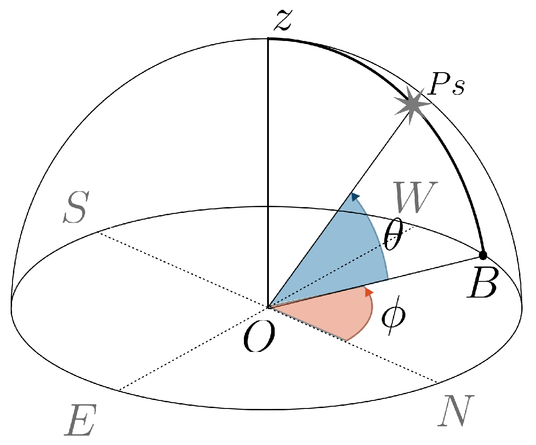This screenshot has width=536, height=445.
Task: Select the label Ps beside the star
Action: [x=446, y=87]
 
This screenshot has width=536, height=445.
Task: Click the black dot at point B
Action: [x=482, y=255]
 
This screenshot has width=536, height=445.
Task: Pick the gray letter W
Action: [x=416, y=197]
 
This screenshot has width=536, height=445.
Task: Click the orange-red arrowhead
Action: [x=369, y=292]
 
